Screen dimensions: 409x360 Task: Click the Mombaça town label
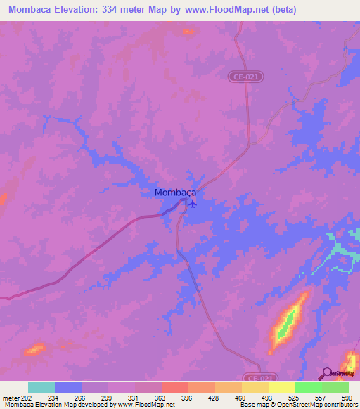(174, 192)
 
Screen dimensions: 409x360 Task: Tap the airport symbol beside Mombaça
(192, 204)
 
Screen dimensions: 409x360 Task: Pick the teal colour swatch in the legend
(41, 387)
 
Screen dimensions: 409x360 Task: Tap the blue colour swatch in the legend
(68, 387)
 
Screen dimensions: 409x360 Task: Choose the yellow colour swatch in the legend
(282, 387)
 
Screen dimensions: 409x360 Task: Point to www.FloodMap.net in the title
(226, 10)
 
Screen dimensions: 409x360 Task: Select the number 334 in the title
(121, 10)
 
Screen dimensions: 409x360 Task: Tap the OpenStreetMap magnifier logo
(326, 372)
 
